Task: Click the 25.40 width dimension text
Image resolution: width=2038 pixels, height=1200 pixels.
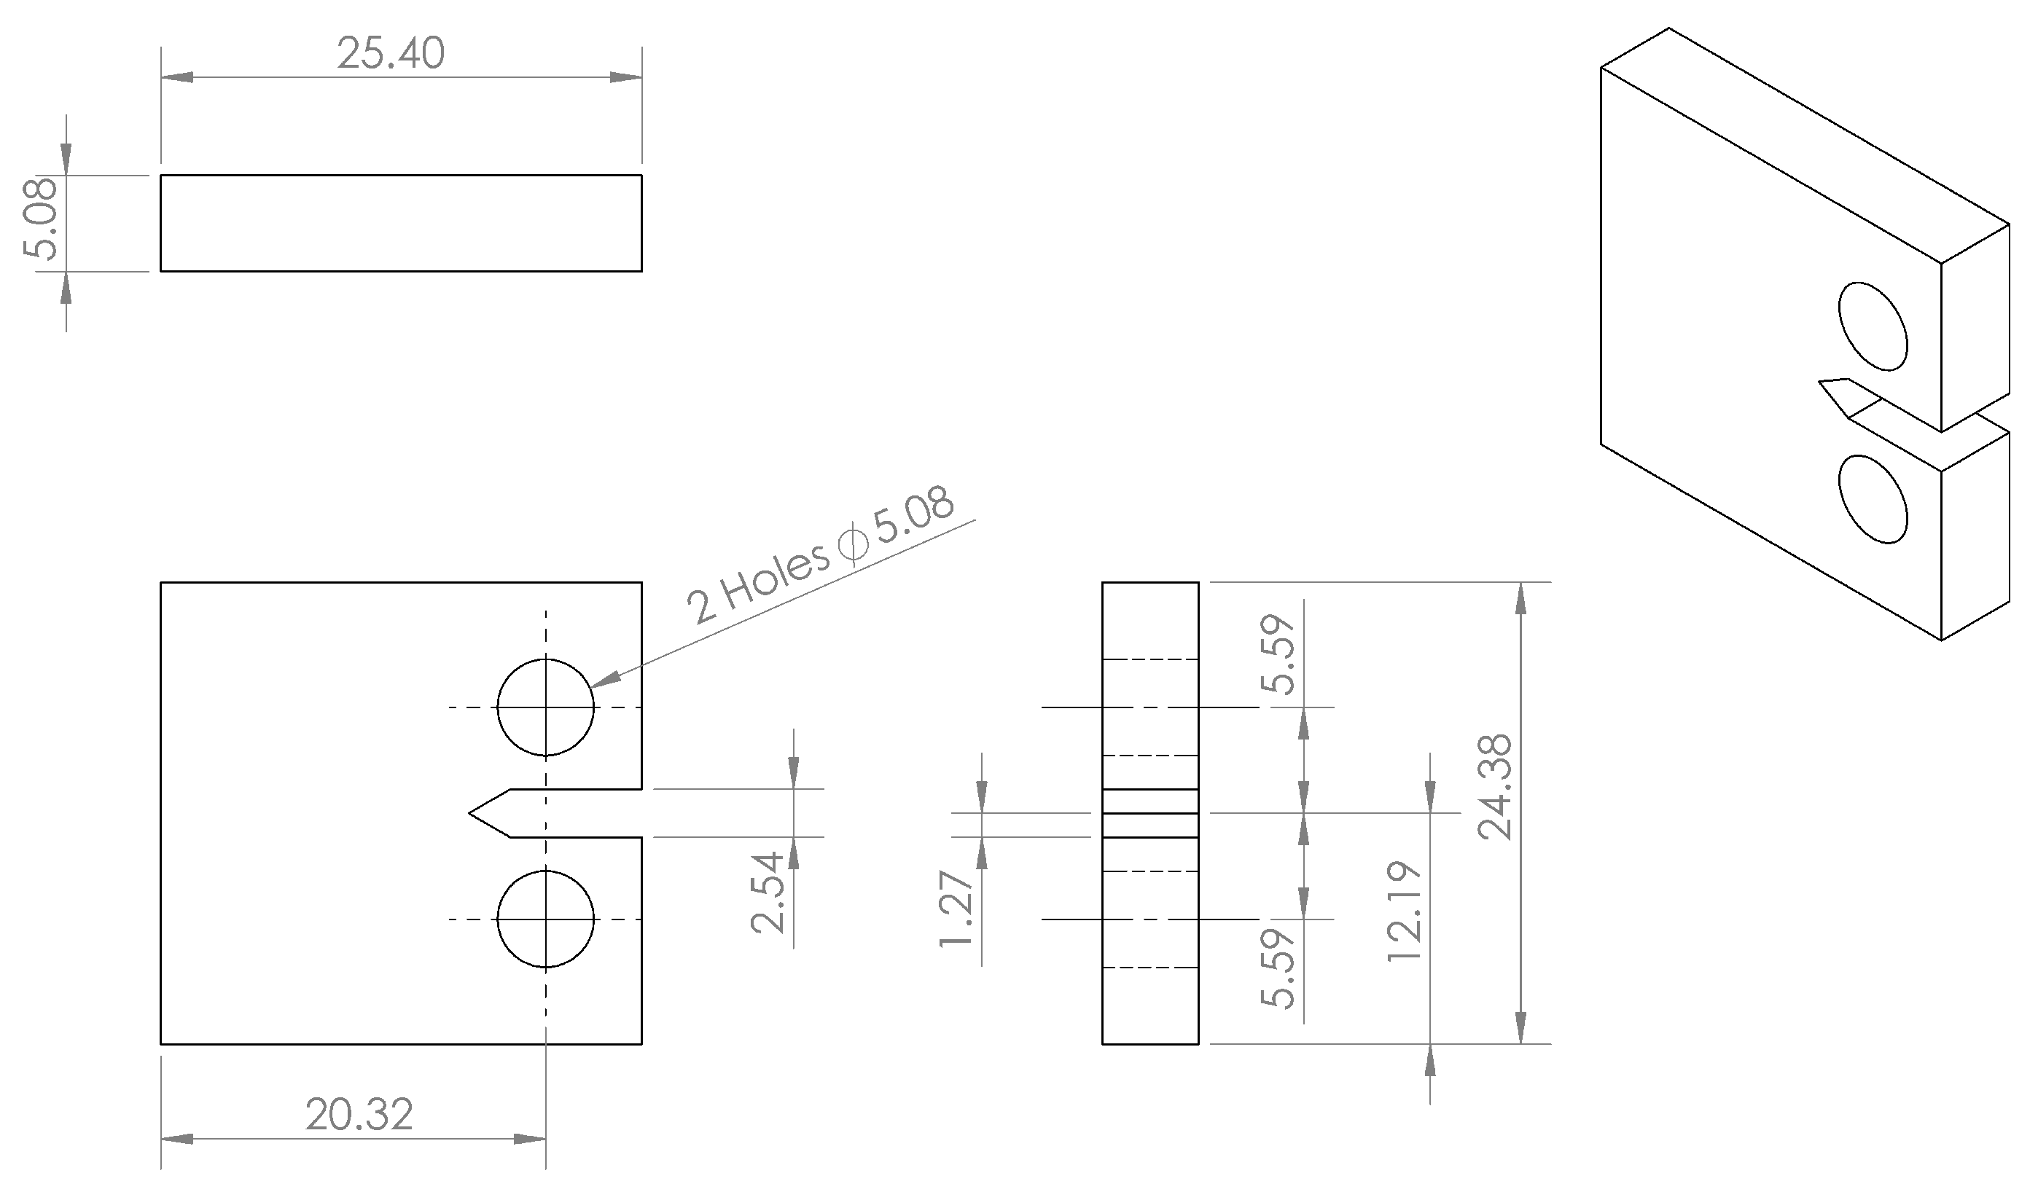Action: point(391,54)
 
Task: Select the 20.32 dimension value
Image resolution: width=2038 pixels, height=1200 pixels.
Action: point(359,1115)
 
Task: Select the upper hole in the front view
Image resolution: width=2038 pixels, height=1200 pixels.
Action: point(546,708)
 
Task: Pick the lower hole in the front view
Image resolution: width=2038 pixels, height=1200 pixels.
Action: point(546,919)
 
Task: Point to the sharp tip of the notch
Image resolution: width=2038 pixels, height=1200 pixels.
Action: point(472,812)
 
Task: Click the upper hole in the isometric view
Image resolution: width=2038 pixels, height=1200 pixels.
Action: point(1873,326)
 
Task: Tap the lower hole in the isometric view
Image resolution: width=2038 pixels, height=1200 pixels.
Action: point(1873,500)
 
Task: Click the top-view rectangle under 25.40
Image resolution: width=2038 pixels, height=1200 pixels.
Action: point(401,223)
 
